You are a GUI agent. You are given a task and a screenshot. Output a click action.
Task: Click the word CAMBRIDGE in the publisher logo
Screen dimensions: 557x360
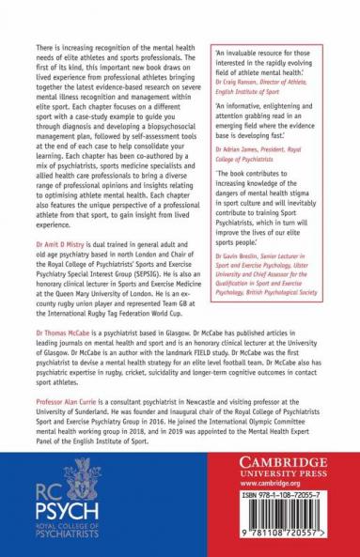pos(288,462)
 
